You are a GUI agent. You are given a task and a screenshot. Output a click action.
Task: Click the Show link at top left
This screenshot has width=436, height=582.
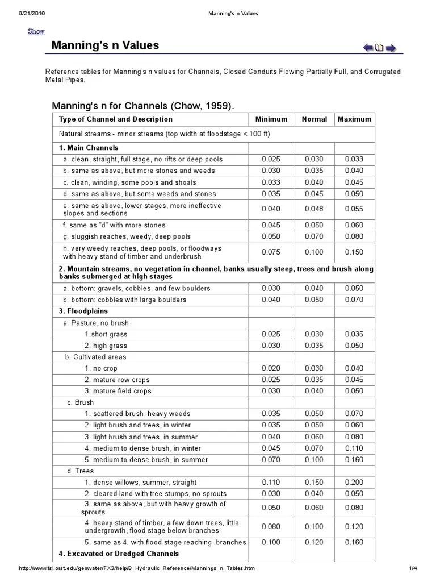point(36,31)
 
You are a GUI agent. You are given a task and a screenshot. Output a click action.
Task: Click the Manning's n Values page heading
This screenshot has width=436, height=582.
point(105,45)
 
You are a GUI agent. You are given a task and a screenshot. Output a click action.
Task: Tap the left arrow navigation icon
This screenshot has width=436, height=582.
point(368,48)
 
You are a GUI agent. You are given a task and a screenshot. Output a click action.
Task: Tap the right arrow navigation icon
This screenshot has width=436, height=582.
point(391,48)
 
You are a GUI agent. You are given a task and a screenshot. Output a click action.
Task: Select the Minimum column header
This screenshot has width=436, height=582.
point(271,119)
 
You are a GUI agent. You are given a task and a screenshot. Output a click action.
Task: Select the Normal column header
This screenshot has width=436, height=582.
point(314,119)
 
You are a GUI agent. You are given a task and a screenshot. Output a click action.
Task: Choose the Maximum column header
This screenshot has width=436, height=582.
point(354,119)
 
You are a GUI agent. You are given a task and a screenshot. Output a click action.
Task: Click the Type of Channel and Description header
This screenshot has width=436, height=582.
point(116,119)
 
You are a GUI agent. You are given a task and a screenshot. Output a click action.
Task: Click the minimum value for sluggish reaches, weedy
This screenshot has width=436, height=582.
point(271,236)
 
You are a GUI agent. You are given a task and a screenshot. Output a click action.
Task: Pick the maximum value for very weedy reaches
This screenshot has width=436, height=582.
point(354,252)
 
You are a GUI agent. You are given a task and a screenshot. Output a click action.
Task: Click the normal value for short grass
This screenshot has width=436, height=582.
point(314,334)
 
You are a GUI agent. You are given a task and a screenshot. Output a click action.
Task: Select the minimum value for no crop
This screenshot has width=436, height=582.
point(271,368)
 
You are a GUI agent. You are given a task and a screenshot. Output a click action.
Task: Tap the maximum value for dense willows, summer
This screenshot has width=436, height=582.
point(354,482)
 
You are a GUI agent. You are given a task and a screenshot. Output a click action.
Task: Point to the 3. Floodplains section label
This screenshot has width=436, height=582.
point(83,311)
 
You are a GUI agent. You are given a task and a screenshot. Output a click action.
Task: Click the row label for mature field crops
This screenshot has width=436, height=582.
point(118,391)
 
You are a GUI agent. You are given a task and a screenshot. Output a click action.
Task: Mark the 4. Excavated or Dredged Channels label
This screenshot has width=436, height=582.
point(119,554)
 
